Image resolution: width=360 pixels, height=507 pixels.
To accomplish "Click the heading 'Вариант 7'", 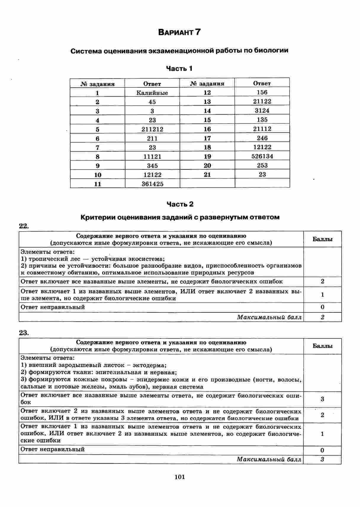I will coord(179,32).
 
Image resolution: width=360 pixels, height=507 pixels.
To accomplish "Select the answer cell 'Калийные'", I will coord(152,93).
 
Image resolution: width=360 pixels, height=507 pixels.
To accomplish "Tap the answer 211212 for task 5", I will coord(152,129).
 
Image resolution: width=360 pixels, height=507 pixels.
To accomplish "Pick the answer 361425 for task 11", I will coord(152,184).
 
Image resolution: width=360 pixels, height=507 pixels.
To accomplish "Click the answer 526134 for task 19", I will coord(262,156).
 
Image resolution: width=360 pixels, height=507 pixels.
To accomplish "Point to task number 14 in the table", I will coord(207,111).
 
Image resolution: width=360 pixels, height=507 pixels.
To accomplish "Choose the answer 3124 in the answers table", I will coord(262,111).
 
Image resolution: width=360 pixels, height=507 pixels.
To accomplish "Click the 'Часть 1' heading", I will coord(179,69).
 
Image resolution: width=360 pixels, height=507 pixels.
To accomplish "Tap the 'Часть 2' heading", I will coord(180,204).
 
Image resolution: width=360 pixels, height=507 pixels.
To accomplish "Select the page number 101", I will coord(180,477).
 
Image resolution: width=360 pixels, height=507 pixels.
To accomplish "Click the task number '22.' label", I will coord(24,226).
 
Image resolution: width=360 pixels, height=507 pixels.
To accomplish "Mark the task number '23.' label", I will coord(24,333).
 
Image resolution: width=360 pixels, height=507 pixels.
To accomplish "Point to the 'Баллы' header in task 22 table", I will coord(322,239).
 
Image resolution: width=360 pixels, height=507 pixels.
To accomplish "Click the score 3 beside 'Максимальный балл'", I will coord(322,459).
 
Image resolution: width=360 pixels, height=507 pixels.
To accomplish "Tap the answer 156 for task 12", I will coord(262,92).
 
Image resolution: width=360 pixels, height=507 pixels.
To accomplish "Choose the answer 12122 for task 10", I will coord(152,175).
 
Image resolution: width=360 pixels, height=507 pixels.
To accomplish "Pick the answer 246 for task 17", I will coord(262,138).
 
